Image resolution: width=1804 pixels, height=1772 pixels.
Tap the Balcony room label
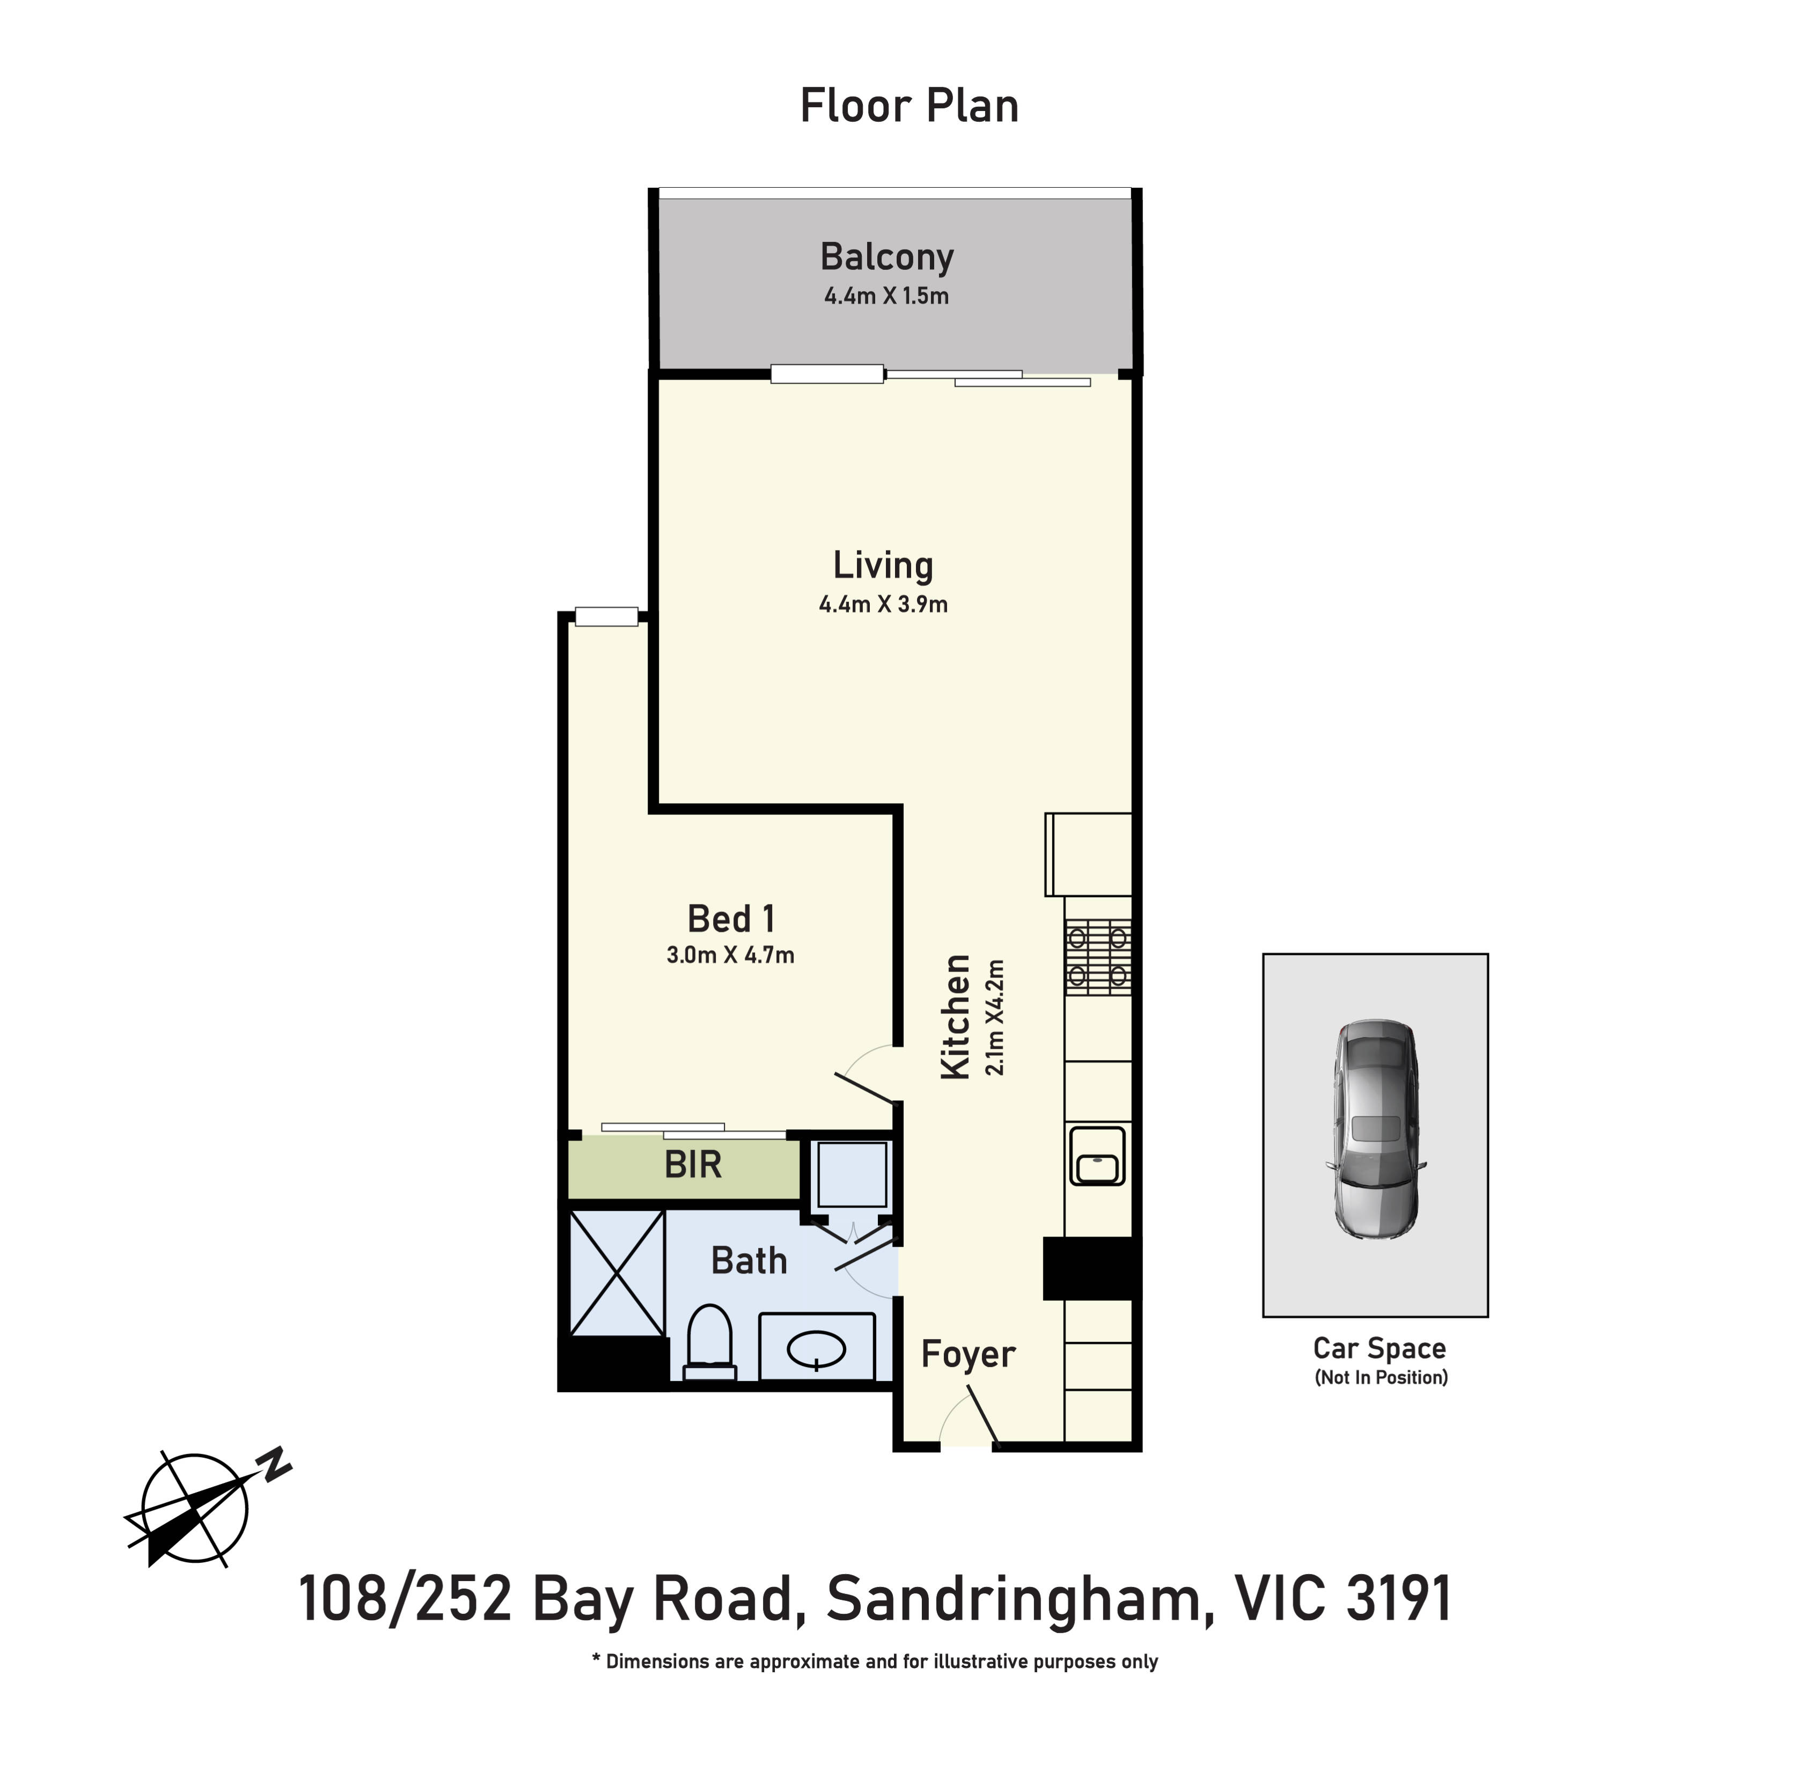[886, 257]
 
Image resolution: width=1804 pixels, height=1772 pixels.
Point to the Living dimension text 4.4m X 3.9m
[883, 604]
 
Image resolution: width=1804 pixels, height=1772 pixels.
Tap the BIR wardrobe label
[693, 1165]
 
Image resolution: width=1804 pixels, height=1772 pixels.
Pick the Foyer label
[968, 1355]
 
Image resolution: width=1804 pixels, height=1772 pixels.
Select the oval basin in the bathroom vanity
[816, 1349]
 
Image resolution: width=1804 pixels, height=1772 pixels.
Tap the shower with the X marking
[616, 1272]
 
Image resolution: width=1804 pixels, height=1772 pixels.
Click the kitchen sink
[1098, 1155]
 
